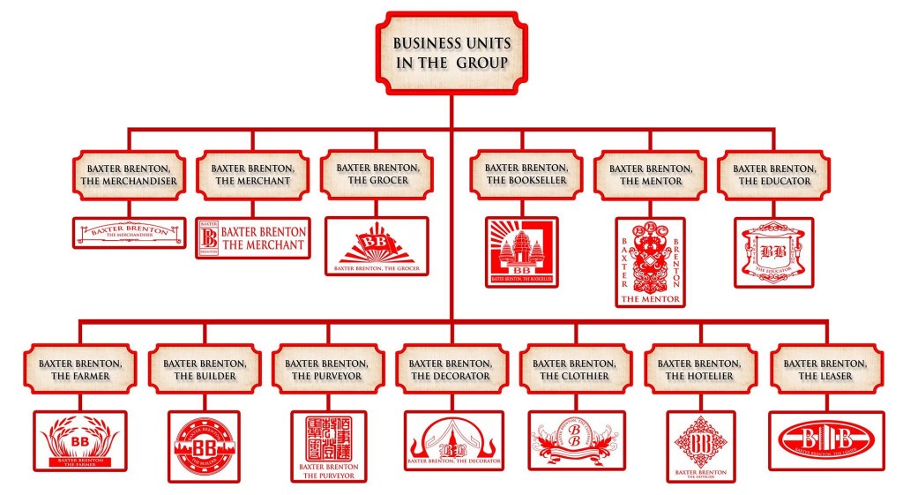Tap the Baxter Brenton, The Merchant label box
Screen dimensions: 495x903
(253, 174)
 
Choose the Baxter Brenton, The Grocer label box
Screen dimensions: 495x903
(377, 173)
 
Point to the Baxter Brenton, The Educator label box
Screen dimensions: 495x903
(774, 174)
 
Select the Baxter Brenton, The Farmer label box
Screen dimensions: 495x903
(79, 369)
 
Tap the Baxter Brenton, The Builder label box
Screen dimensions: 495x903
(204, 369)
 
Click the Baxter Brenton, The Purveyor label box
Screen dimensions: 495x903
(327, 369)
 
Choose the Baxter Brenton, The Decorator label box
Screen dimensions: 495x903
(451, 369)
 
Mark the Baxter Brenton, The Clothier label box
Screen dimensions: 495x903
(576, 369)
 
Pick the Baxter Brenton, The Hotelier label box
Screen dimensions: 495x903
(700, 369)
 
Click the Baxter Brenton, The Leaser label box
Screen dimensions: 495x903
(825, 369)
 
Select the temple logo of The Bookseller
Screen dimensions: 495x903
(521, 252)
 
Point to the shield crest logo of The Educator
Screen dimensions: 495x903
(773, 251)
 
